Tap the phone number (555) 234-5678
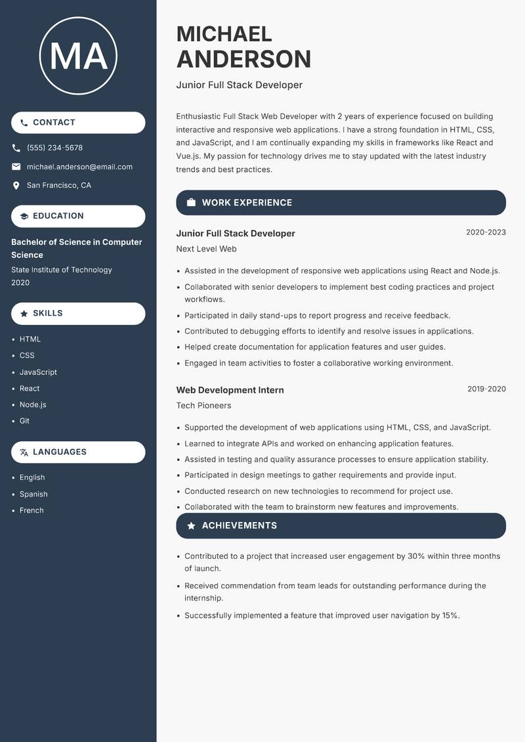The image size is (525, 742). point(54,148)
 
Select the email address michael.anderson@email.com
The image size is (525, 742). point(79,167)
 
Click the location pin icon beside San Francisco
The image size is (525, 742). point(16,186)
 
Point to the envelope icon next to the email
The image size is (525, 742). point(16,167)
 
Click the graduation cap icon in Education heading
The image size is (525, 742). point(24,216)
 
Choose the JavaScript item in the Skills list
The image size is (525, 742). point(38,372)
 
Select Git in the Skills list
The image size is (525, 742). point(24,421)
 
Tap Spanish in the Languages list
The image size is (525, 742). point(33,494)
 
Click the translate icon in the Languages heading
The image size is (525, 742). point(24,452)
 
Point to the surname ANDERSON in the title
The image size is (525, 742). point(243,59)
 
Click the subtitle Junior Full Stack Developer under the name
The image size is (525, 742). point(239,85)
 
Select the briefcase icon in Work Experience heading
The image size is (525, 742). point(191,203)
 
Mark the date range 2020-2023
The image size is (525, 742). point(486,232)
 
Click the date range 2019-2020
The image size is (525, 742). point(486,389)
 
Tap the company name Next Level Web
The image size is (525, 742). point(206,249)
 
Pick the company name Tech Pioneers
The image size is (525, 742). point(203,405)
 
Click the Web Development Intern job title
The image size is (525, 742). point(230,390)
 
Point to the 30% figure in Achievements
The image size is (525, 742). point(416,556)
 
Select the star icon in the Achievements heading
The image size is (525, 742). point(191,526)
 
